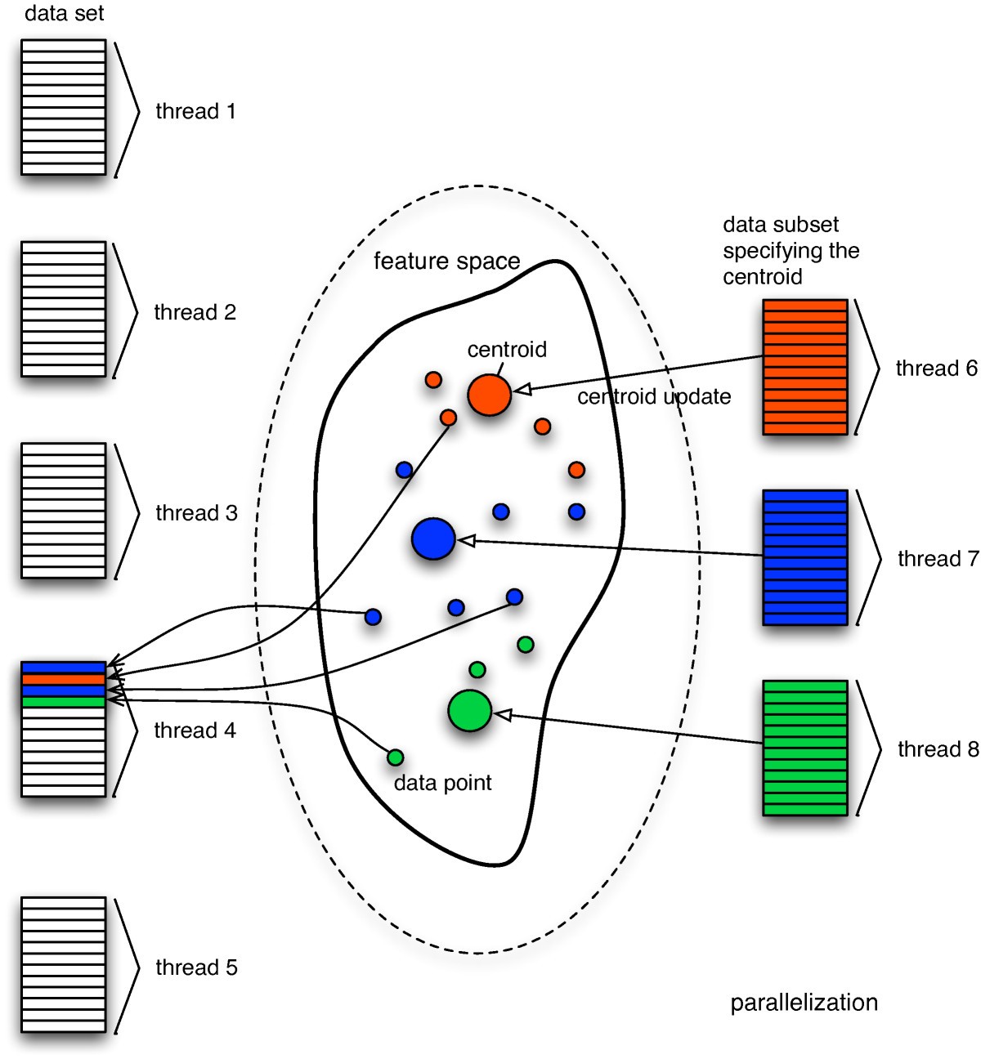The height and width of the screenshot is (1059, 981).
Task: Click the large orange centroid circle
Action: pos(489,395)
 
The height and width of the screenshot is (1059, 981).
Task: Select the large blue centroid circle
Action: pos(433,538)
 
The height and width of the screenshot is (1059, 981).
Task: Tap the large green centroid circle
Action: pos(470,711)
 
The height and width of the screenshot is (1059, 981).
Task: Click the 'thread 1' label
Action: pos(195,111)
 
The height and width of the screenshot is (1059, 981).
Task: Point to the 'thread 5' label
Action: pos(196,967)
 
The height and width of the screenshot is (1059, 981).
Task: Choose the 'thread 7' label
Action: pos(938,559)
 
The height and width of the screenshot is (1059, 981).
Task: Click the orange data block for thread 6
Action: pos(804,367)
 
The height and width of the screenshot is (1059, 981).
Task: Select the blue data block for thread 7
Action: pos(804,557)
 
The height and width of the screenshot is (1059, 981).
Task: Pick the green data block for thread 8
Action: pos(804,748)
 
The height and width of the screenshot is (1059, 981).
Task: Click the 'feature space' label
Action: pos(446,261)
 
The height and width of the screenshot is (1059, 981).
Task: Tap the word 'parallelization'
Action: pos(804,1003)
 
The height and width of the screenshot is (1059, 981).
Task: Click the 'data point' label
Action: pos(442,783)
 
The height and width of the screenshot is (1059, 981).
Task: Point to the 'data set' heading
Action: pos(65,13)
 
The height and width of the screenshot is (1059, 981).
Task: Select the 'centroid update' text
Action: pos(654,397)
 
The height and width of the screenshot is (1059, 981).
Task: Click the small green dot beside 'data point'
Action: pos(395,757)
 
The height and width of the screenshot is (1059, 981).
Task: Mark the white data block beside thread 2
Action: pos(64,309)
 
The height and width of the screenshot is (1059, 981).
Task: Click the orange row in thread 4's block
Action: pos(64,679)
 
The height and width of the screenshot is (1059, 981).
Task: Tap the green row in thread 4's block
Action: pos(64,701)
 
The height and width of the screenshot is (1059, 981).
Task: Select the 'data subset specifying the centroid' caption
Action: pos(791,251)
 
